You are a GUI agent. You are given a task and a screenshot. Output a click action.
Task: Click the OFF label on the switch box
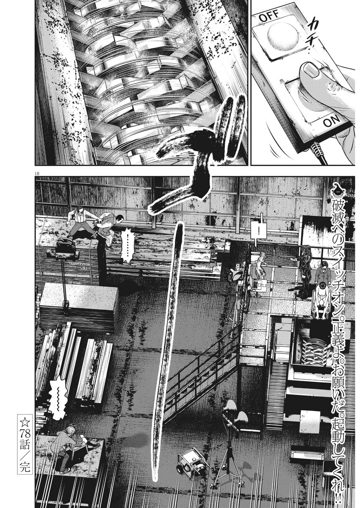click(x=269, y=17)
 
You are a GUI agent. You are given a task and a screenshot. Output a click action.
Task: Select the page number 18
click(x=37, y=174)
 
